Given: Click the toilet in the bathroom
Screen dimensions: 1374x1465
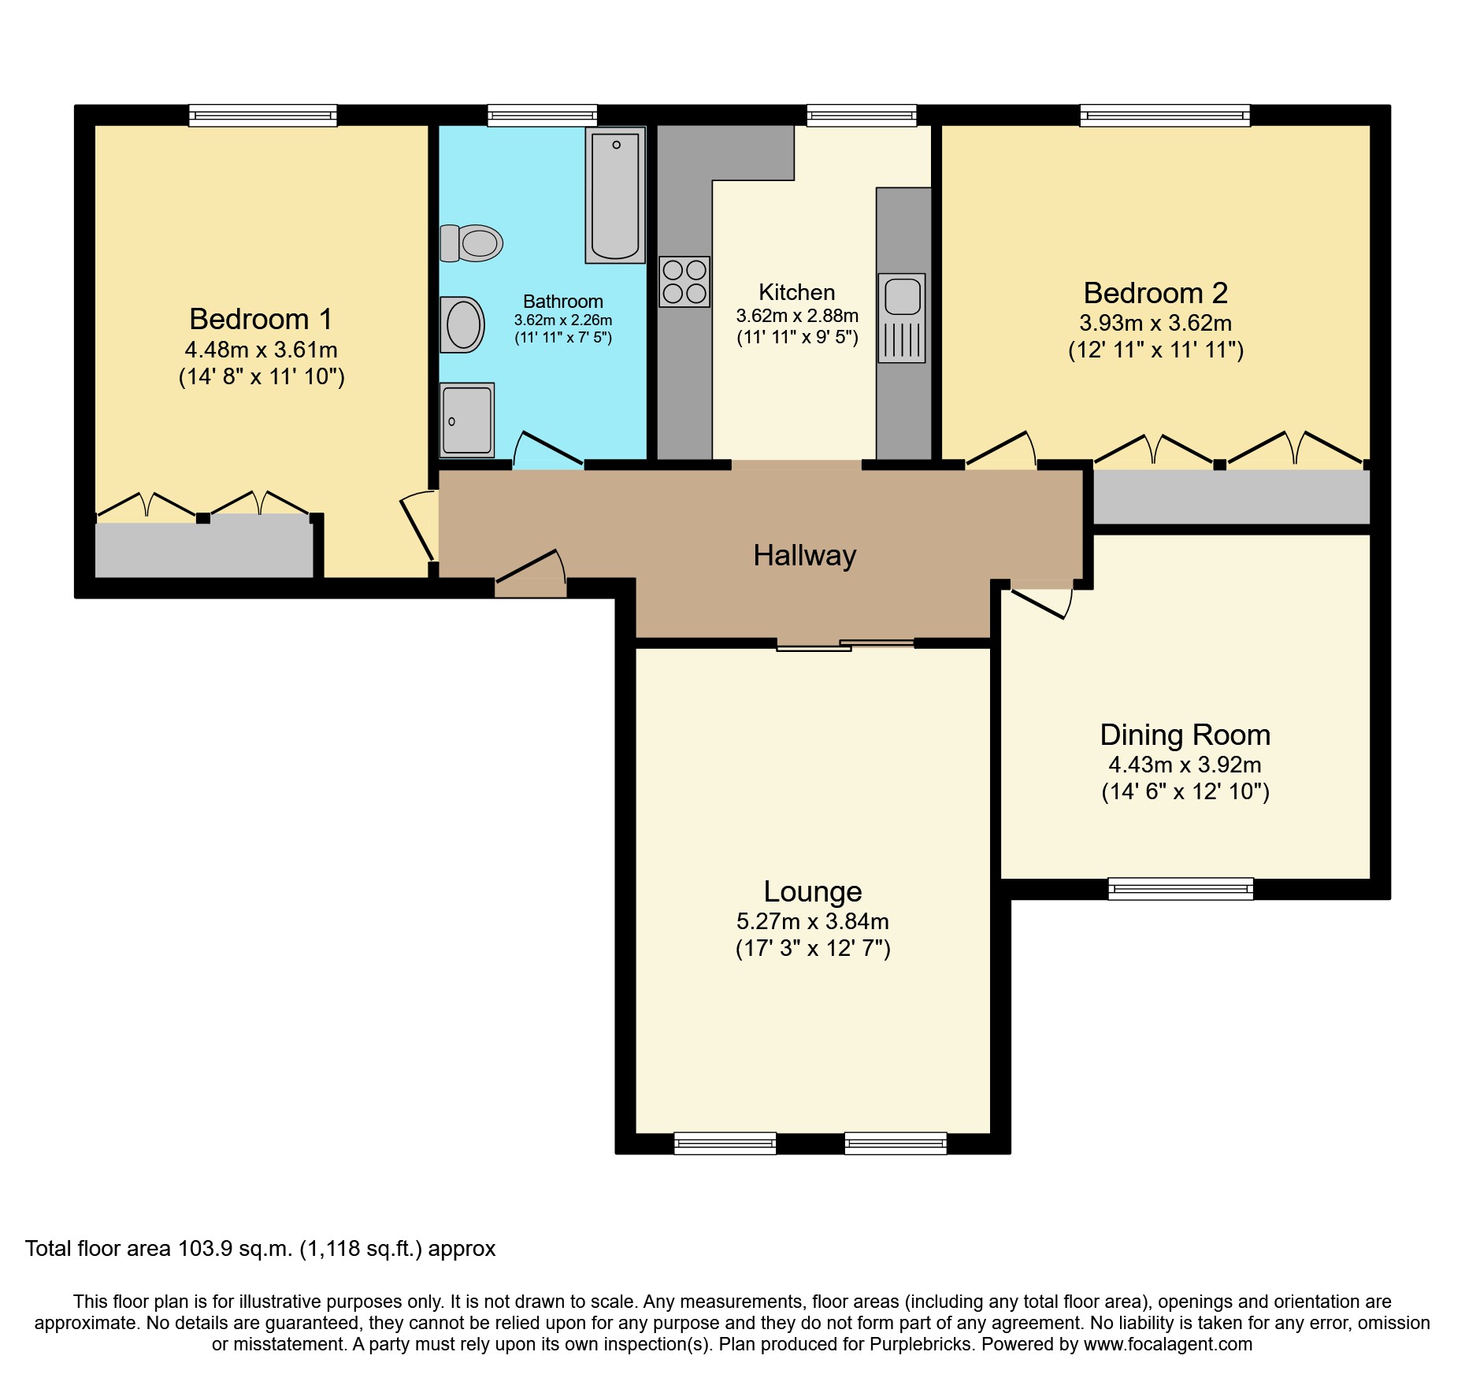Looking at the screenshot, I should (473, 243).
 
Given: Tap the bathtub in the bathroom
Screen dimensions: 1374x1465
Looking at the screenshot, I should (615, 195).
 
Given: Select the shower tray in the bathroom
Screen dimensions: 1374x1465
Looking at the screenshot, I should (467, 420).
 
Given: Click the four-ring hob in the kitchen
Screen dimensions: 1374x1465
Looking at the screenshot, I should (684, 281).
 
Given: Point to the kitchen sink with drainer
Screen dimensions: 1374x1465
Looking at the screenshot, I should (902, 318).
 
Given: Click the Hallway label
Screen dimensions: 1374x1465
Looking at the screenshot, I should (804, 556).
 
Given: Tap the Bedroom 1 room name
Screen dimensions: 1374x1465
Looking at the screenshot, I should (261, 319).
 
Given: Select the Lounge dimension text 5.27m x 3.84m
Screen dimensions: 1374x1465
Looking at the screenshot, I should (812, 920).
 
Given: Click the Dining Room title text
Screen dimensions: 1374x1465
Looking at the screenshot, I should (1185, 735).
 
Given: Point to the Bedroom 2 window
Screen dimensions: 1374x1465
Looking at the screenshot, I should (1164, 117).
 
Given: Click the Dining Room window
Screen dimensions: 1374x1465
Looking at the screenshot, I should (1180, 889).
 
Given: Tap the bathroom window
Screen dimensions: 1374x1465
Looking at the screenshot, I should (542, 117).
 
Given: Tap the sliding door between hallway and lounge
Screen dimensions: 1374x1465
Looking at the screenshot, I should (845, 645).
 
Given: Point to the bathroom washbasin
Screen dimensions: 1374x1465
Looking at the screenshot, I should (463, 324).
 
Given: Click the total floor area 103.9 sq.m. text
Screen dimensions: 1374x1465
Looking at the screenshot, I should (260, 1249).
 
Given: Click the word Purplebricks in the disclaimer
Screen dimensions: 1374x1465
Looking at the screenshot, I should (920, 1344).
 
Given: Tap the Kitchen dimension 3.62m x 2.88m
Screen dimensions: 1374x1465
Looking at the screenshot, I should (797, 316).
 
